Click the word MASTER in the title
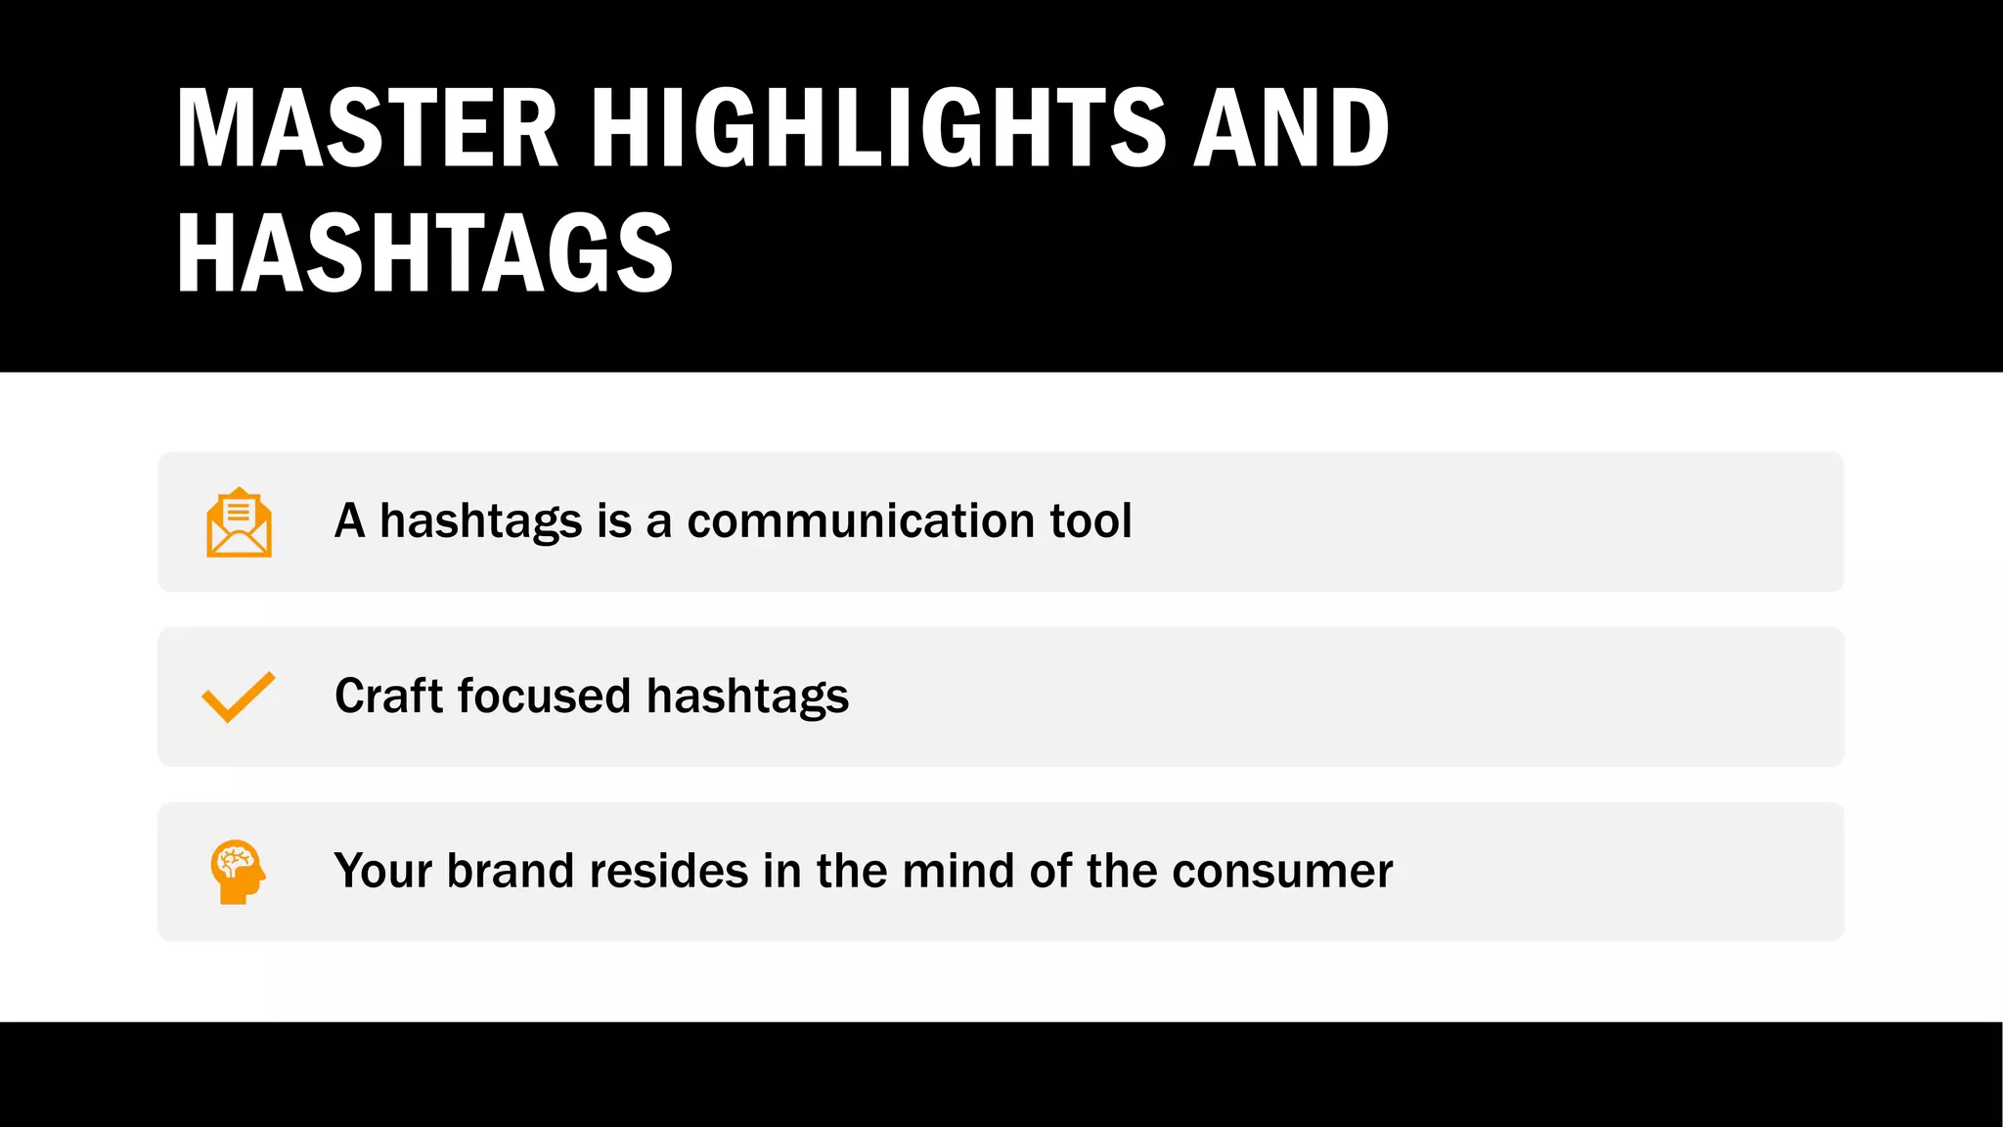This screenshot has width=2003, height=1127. point(368,128)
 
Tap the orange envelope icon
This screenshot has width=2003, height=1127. point(239,522)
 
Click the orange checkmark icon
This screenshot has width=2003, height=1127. point(238,697)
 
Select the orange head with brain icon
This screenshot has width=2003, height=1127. point(238,871)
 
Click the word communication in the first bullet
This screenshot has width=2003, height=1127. point(861,520)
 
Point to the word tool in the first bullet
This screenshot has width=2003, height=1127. point(1091,520)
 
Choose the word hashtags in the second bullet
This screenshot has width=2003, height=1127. point(747,698)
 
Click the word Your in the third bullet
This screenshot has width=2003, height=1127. point(382,871)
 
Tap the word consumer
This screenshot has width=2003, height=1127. point(1282,872)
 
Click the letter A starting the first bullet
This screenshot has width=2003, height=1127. point(349,520)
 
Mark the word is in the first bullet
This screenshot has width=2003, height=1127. point(613,520)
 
